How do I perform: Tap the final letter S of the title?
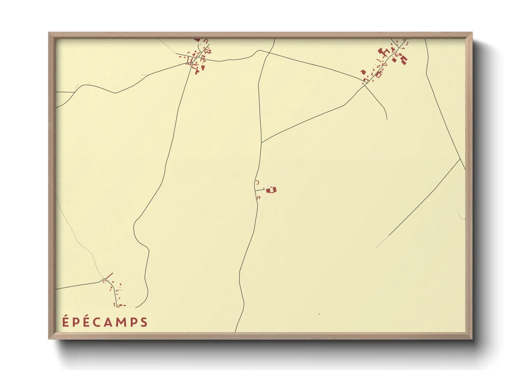click(x=144, y=322)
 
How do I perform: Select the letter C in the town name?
click(x=93, y=322)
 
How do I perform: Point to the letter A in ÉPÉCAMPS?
click(x=105, y=322)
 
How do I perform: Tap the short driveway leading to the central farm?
click(x=260, y=190)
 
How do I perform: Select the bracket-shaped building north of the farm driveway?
click(x=257, y=182)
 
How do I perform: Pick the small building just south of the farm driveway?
click(x=259, y=198)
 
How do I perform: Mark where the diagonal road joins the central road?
click(x=261, y=143)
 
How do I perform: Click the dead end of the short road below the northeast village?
click(x=387, y=119)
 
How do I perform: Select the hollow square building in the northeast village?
click(x=378, y=74)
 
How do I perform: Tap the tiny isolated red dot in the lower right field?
click(x=319, y=314)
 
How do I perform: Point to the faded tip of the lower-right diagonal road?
click(x=377, y=248)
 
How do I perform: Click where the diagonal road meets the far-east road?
click(x=460, y=159)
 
